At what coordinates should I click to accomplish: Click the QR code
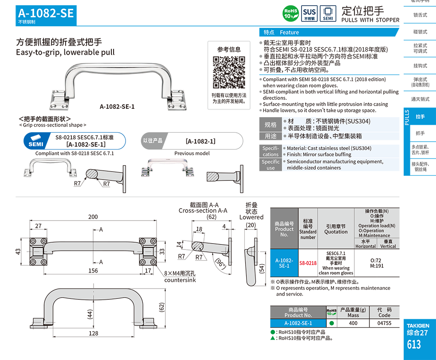(x=229, y=72)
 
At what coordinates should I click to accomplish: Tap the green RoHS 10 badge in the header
(x=291, y=13)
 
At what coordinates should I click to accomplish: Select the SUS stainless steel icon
(x=309, y=13)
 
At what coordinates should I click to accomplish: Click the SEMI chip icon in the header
(x=328, y=13)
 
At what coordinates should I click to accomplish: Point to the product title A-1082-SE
(x=46, y=13)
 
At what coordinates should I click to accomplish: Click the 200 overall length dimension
(x=93, y=217)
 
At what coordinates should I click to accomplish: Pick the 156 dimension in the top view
(x=93, y=271)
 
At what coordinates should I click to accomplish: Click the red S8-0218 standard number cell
(x=308, y=263)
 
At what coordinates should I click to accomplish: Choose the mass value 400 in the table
(x=353, y=323)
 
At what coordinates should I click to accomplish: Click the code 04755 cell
(x=384, y=323)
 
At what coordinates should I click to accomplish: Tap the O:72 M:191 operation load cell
(x=377, y=263)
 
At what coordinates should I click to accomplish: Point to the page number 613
(x=413, y=344)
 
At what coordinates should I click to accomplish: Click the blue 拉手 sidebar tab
(x=420, y=117)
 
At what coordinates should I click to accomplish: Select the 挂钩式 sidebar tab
(x=420, y=66)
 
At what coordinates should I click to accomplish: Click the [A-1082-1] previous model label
(x=200, y=141)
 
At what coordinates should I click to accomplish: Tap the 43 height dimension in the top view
(x=18, y=252)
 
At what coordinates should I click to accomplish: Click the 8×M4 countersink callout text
(x=180, y=277)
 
